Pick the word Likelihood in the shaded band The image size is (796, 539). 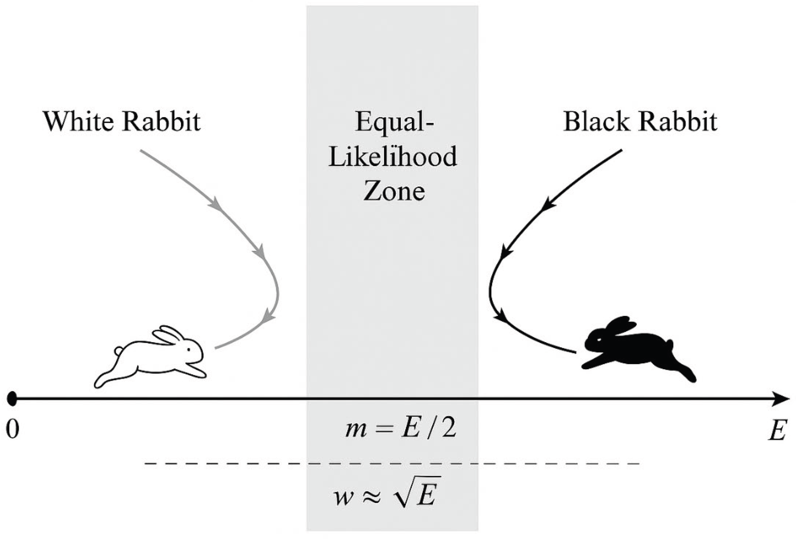click(393, 157)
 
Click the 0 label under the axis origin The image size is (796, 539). click(12, 429)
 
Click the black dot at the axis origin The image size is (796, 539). click(12, 399)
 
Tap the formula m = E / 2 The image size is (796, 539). click(401, 429)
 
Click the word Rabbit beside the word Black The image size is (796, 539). click(679, 122)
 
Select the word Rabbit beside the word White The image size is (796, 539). click(161, 122)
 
